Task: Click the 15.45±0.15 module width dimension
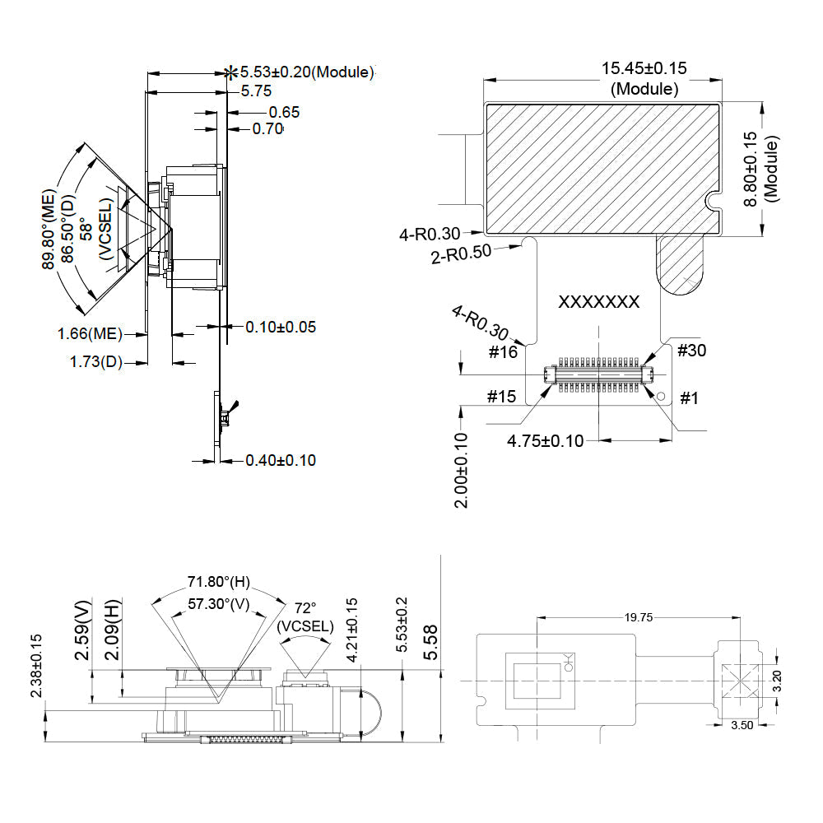tap(644, 69)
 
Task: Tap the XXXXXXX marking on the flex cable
tap(598, 302)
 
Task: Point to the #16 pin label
tap(502, 352)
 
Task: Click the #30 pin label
tap(691, 351)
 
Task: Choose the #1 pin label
tap(689, 398)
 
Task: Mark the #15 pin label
tap(501, 397)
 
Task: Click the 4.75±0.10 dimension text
tap(545, 441)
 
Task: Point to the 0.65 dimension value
tap(284, 113)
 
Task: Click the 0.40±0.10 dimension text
tap(281, 460)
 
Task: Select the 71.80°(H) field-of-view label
tap(218, 583)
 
